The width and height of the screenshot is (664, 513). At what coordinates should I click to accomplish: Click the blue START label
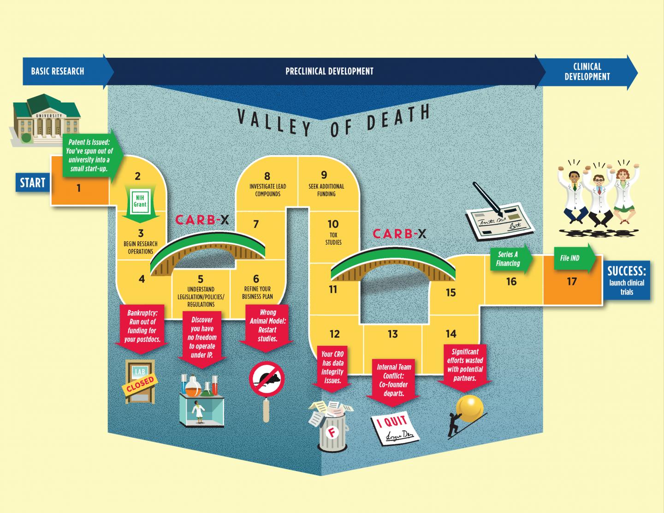click(32, 183)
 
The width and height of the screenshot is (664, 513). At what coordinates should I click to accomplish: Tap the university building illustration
click(46, 119)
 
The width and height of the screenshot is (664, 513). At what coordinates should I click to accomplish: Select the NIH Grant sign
click(141, 201)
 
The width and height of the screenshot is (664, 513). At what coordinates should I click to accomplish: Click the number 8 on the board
click(267, 176)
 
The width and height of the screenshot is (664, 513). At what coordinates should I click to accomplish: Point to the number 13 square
click(392, 334)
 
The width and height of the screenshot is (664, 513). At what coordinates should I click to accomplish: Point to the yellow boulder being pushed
click(469, 408)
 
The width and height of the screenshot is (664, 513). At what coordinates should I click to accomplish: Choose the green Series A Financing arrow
click(510, 259)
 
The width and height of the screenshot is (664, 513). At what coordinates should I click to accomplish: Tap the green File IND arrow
click(573, 259)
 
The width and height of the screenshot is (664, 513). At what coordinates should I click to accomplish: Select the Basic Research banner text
click(58, 71)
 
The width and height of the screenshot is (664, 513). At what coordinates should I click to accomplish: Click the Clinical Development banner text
click(587, 72)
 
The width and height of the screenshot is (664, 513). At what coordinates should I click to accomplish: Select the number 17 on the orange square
click(572, 282)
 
